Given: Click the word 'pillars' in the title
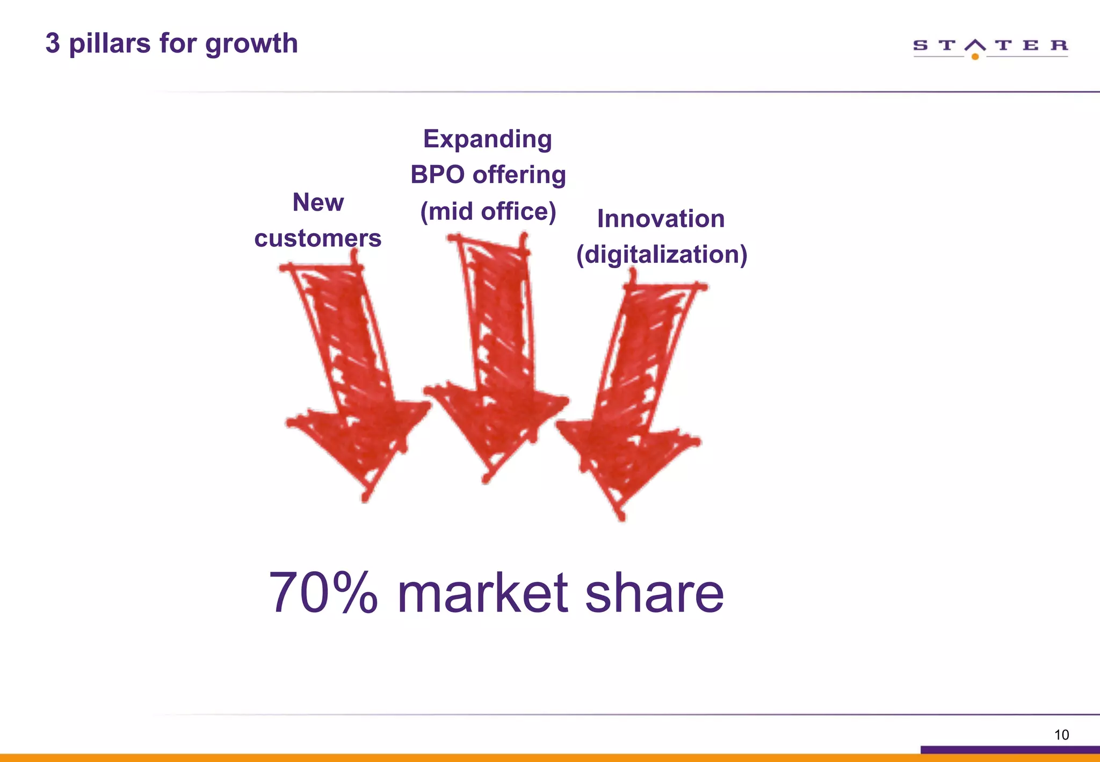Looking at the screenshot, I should pyautogui.click(x=110, y=44).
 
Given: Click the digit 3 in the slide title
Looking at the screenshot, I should pyautogui.click(x=52, y=43).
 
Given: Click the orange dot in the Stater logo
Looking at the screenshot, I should pyautogui.click(x=975, y=56).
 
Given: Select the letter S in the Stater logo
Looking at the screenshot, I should pyautogui.click(x=920, y=45).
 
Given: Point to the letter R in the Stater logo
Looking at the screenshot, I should pyautogui.click(x=1059, y=45).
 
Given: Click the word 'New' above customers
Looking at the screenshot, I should pyautogui.click(x=318, y=203).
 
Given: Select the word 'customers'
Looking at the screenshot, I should pyautogui.click(x=317, y=238).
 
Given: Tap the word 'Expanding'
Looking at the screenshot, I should pyautogui.click(x=487, y=139).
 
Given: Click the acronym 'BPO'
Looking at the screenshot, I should pyautogui.click(x=437, y=175).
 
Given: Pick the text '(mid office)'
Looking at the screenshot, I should pyautogui.click(x=488, y=211).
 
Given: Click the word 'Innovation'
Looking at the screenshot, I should pyautogui.click(x=661, y=219).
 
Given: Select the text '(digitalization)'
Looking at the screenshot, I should pyautogui.click(x=661, y=254).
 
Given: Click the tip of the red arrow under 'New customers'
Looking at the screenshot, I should pyautogui.click(x=365, y=498).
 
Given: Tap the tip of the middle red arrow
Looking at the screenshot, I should pyautogui.click(x=486, y=479).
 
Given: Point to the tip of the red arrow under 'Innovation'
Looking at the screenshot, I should pyautogui.click(x=621, y=517).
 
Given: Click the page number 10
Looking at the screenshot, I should pyautogui.click(x=1061, y=735).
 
